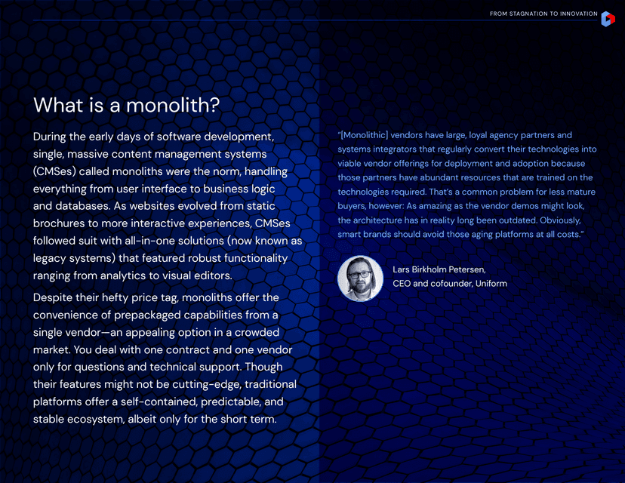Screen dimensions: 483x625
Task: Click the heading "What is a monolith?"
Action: click(x=127, y=105)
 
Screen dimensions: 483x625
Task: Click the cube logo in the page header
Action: click(x=608, y=19)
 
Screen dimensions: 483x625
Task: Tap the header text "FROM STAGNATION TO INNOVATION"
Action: click(x=543, y=14)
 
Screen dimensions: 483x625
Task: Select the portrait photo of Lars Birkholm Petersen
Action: click(x=360, y=278)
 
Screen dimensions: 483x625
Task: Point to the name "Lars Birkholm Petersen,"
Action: click(x=439, y=269)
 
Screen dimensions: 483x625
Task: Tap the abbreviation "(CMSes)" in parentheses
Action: click(x=58, y=171)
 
